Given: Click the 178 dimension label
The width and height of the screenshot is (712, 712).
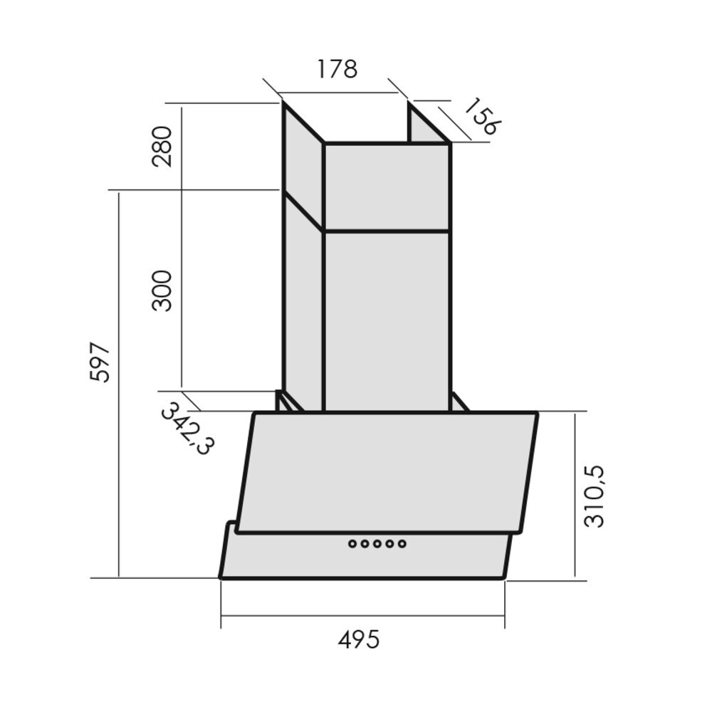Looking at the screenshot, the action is [x=337, y=69].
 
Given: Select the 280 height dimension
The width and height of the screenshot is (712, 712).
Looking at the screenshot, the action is [x=162, y=147].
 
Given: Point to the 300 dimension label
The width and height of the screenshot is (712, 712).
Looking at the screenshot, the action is [x=162, y=290].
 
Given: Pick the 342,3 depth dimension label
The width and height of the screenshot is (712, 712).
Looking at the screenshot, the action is [x=187, y=429].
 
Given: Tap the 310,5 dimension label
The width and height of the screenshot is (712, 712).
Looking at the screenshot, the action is [x=595, y=496].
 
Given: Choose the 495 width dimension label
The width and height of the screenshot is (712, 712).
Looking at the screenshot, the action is [x=358, y=640].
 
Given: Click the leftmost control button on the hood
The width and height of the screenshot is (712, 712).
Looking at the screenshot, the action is [x=352, y=543].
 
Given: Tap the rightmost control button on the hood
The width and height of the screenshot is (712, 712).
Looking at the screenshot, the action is [x=402, y=543].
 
